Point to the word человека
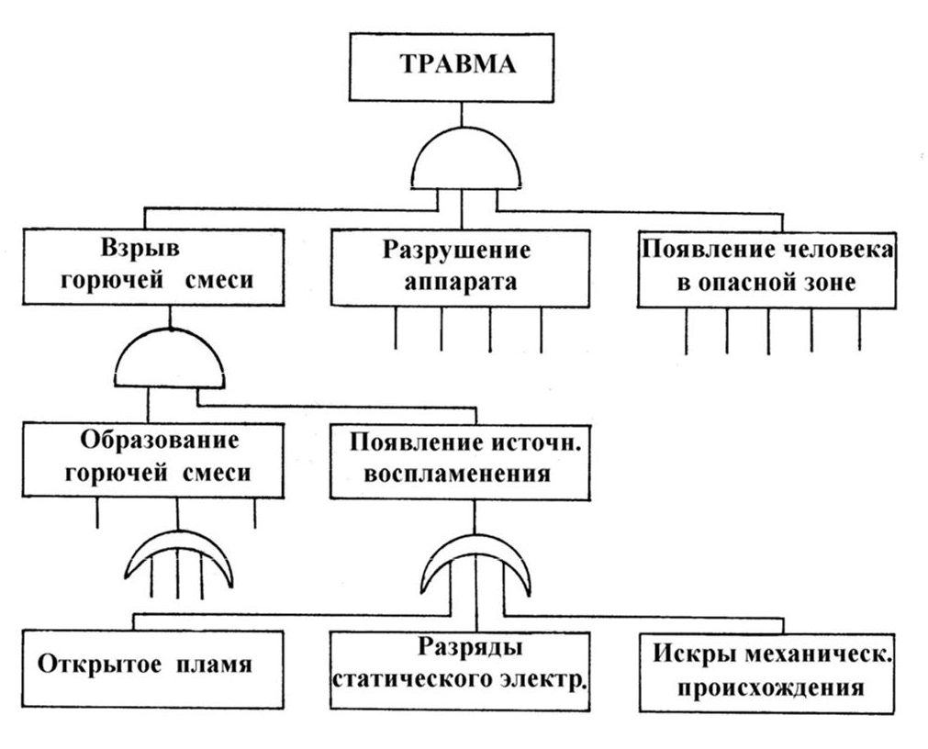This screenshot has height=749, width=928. [831, 250]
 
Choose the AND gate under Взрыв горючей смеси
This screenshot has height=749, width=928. [171, 361]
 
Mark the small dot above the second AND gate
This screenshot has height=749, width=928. [171, 329]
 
